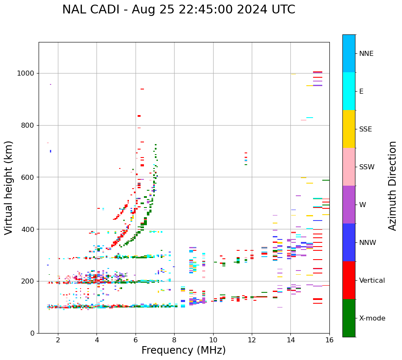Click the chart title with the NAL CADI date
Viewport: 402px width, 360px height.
[x=178, y=10]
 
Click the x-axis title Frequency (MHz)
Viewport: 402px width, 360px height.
[x=183, y=350]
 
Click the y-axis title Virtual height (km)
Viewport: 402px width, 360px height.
[x=9, y=188]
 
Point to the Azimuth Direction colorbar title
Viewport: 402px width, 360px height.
[x=392, y=186]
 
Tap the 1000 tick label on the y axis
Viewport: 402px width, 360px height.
[x=26, y=74]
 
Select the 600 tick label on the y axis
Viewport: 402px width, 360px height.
[x=28, y=177]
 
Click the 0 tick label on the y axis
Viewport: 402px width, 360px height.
[x=33, y=333]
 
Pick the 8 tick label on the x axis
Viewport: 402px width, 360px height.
[x=174, y=340]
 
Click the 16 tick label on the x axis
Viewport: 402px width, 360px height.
[x=329, y=340]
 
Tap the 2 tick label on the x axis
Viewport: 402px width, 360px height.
[x=58, y=340]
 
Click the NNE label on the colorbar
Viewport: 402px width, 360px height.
[x=366, y=54]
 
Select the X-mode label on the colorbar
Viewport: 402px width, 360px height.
[x=372, y=318]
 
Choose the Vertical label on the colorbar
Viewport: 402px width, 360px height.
[x=372, y=281]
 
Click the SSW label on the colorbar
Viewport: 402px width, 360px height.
[x=367, y=167]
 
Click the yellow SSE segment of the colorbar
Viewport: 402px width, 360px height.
[x=349, y=129]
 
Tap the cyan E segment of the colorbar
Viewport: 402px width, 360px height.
[x=349, y=91]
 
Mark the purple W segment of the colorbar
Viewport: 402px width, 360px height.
[x=349, y=205]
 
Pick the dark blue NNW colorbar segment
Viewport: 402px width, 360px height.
[x=349, y=242]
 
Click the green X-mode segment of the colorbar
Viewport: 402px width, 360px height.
[x=349, y=318]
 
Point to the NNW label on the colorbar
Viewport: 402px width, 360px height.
[x=368, y=243]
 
